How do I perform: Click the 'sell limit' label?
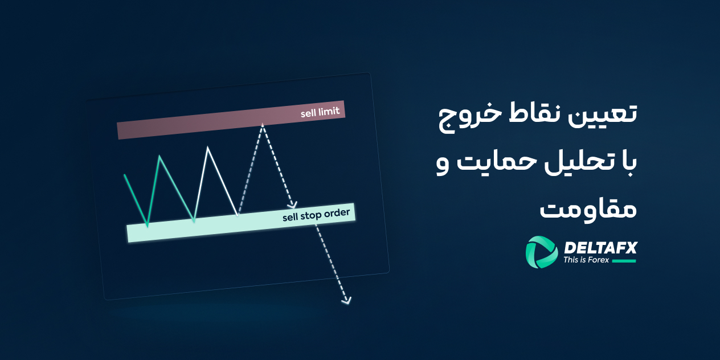pyautogui.click(x=320, y=112)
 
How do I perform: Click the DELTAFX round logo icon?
pyautogui.click(x=542, y=252)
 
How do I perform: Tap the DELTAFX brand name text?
pyautogui.click(x=600, y=247)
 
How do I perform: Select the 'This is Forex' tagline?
pyautogui.click(x=586, y=260)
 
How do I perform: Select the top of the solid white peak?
pyautogui.click(x=208, y=148)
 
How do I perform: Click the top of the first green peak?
pyautogui.click(x=160, y=156)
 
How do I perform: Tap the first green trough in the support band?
pyautogui.click(x=148, y=226)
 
